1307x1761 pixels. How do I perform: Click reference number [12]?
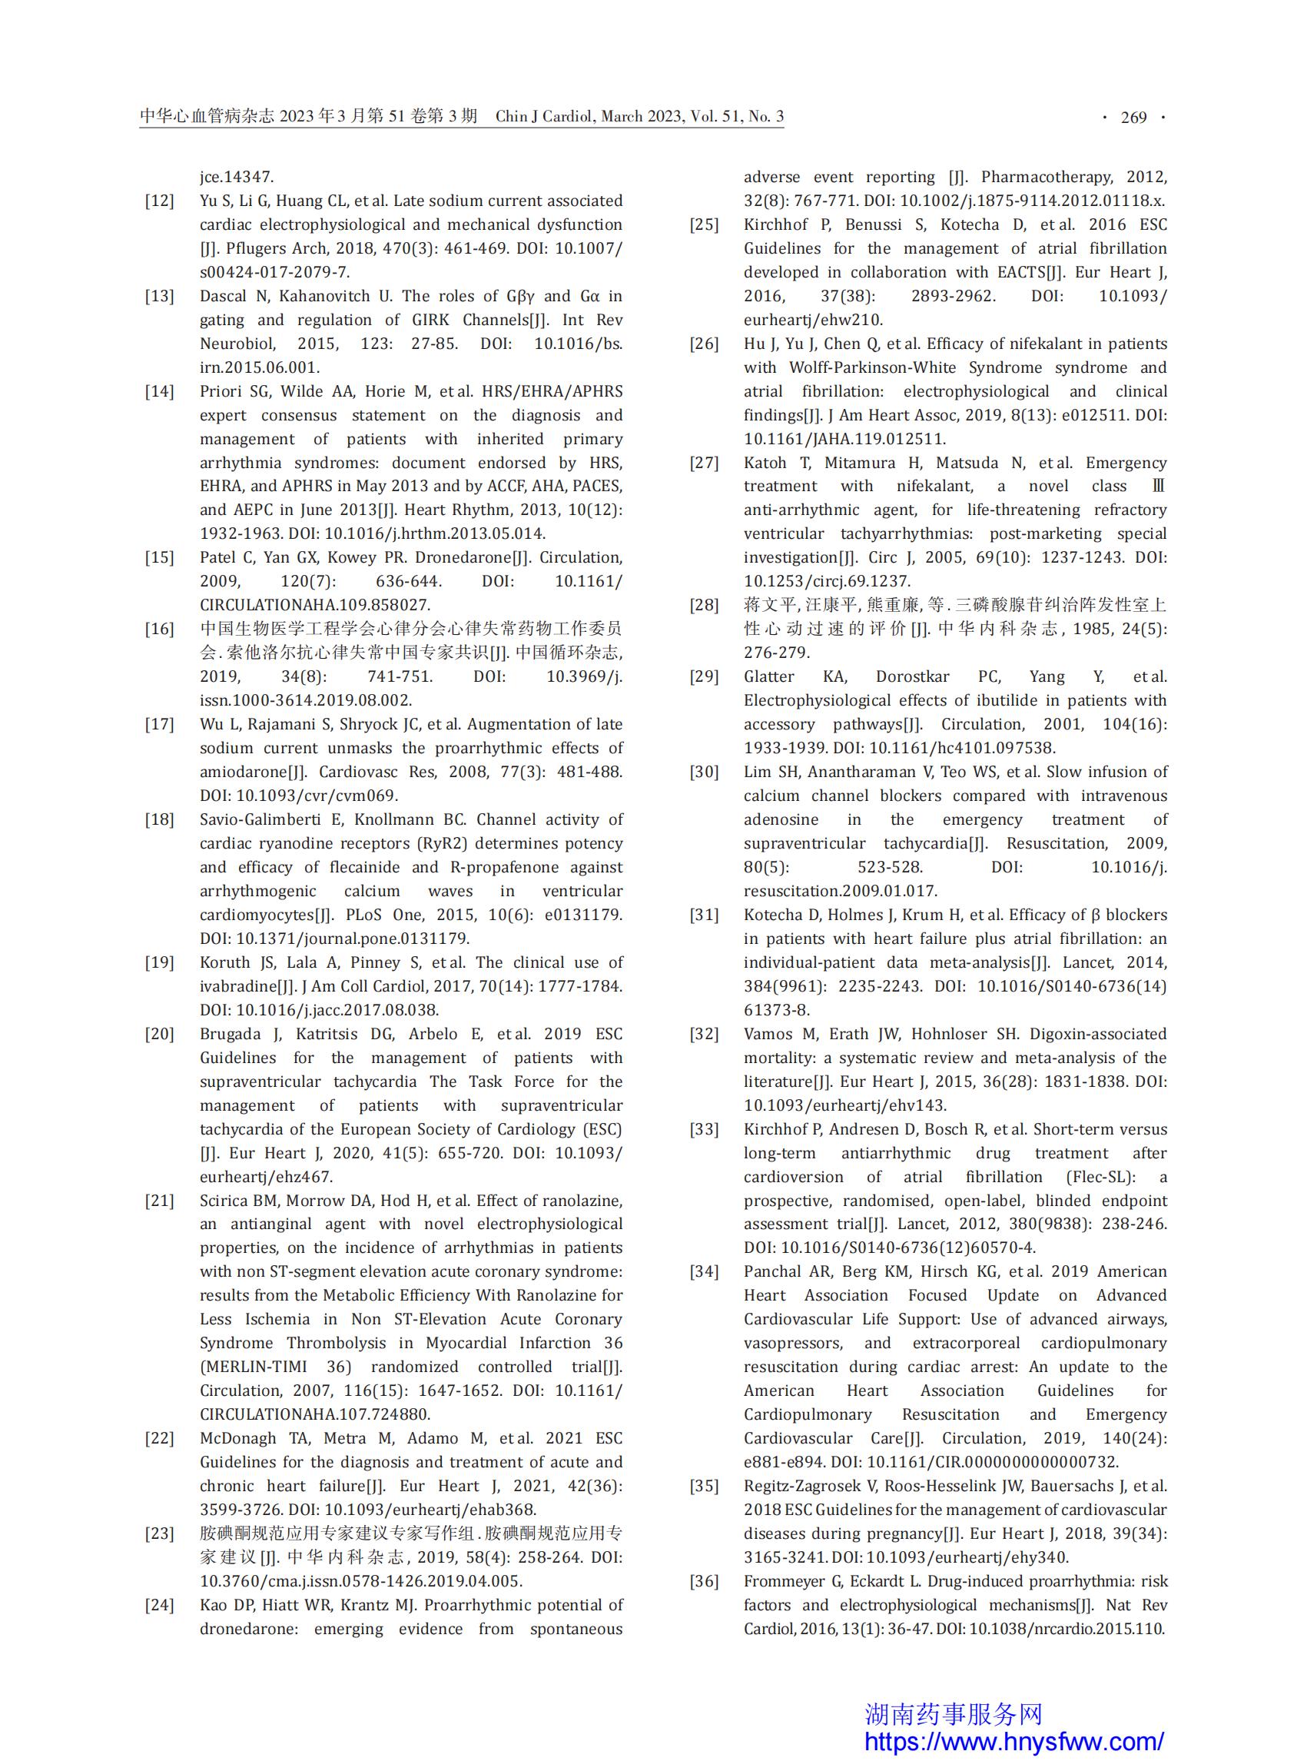pyautogui.click(x=159, y=201)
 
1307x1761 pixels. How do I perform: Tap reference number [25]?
pyautogui.click(x=703, y=224)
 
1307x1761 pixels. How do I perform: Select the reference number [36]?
pyautogui.click(x=703, y=1581)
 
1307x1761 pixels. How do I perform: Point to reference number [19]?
pyautogui.click(x=159, y=962)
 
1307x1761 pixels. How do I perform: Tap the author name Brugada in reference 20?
pyautogui.click(x=230, y=1035)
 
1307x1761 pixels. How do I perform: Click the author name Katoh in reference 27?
pyautogui.click(x=765, y=463)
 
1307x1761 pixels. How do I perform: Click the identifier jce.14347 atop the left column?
pyautogui.click(x=237, y=178)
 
